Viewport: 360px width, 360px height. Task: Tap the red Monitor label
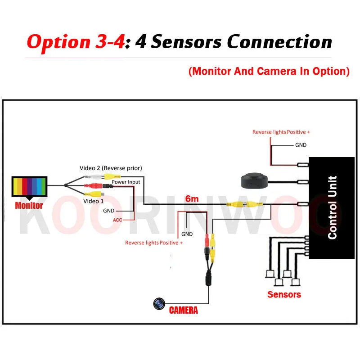coord(29,206)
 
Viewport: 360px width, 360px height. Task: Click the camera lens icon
coord(158,304)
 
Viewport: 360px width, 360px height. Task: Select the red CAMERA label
coord(183,310)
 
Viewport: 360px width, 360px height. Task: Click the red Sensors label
coord(284,295)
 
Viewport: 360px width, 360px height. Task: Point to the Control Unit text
coord(333,207)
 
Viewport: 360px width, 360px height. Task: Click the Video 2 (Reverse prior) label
coord(111,168)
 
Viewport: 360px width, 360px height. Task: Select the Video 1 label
coord(93,201)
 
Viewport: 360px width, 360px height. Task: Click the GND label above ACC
coord(109,211)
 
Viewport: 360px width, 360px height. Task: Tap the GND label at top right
coord(301,145)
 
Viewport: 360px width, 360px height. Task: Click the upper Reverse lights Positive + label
coord(281,132)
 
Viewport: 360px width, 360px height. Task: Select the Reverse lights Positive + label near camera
coord(154,243)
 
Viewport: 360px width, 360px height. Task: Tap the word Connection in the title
coord(279,42)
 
